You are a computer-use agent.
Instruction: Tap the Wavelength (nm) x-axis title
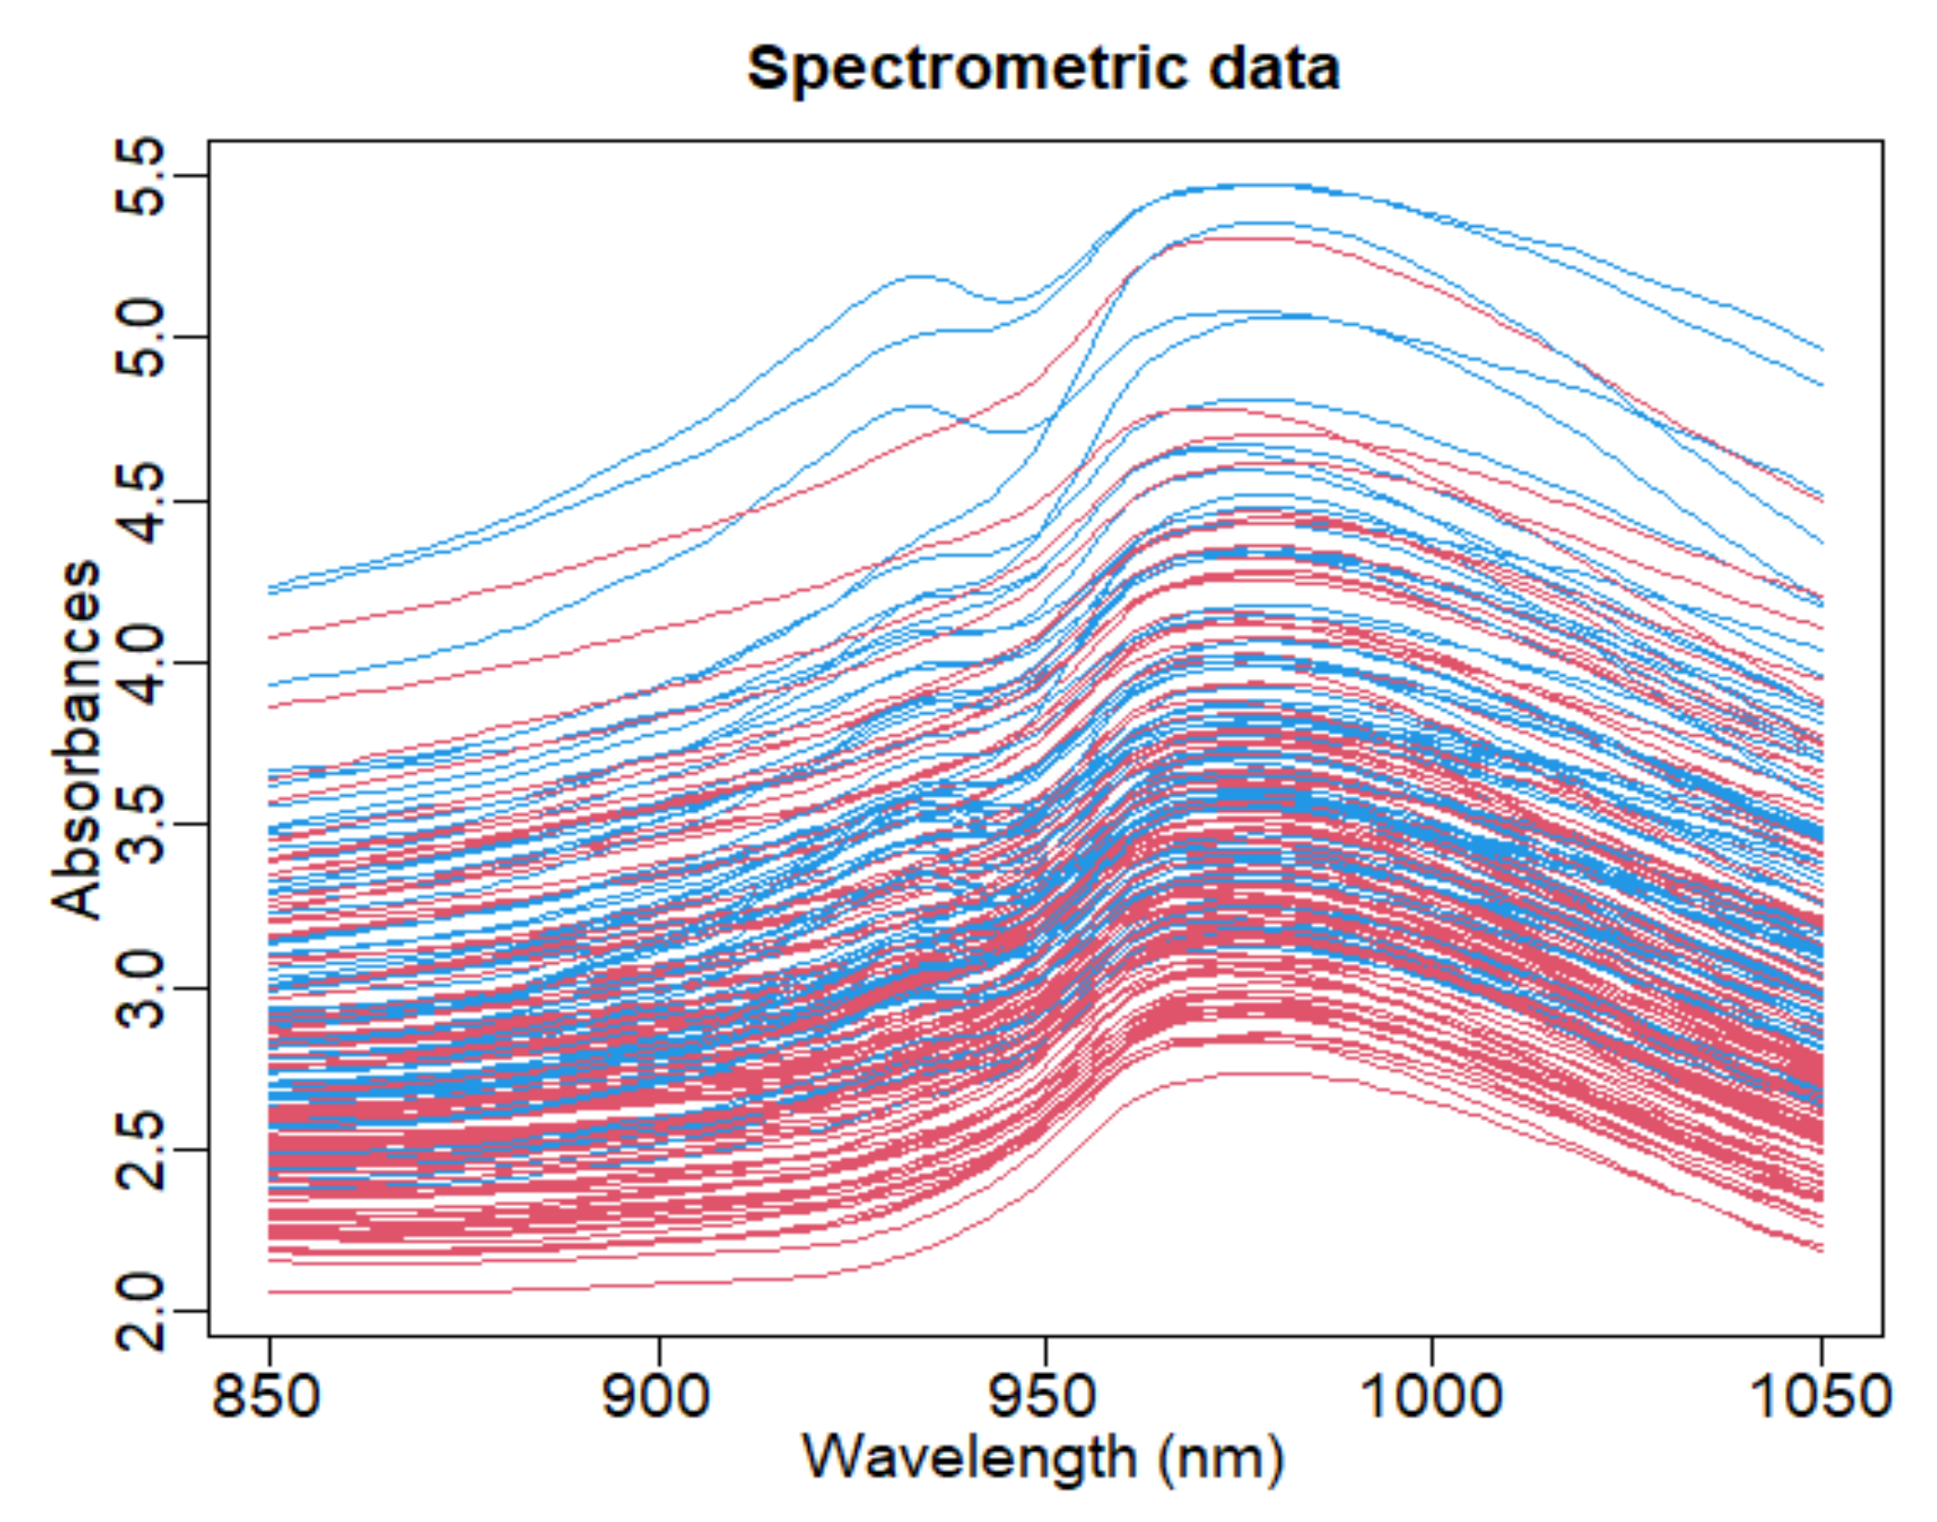[x=1043, y=1459]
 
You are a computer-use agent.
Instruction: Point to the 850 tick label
[x=267, y=1396]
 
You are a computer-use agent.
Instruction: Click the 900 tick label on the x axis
[x=656, y=1396]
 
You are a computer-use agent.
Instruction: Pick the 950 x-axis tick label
[x=1043, y=1396]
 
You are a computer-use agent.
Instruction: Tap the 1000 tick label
[x=1431, y=1396]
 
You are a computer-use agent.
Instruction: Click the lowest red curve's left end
[x=270, y=1292]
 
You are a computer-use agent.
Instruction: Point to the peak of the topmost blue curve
[x=1241, y=185]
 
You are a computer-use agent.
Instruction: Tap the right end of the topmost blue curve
[x=1821, y=350]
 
